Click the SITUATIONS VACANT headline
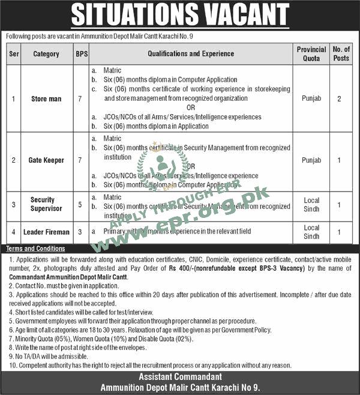(180, 15)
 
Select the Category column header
(46, 54)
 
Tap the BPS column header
(81, 54)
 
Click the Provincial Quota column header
(311, 54)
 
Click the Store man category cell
(46, 98)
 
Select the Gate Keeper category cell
(46, 161)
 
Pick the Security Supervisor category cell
(46, 205)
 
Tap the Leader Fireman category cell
(46, 232)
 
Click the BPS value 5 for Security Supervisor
(81, 205)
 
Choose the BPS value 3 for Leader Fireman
(81, 232)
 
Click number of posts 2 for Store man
(340, 98)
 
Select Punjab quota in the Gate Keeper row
(311, 161)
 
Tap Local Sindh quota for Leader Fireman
(311, 232)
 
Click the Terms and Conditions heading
(35, 249)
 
